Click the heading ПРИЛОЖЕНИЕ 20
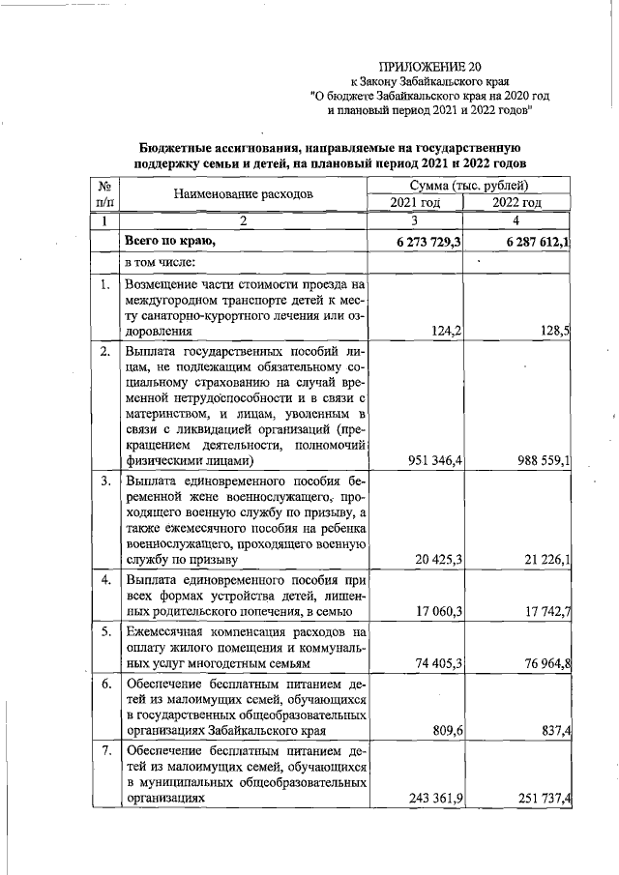(x=428, y=67)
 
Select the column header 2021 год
(x=415, y=202)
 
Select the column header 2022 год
(x=516, y=202)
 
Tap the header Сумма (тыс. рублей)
(x=467, y=184)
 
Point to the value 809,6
(x=444, y=732)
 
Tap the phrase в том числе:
(x=161, y=263)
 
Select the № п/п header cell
(x=103, y=193)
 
